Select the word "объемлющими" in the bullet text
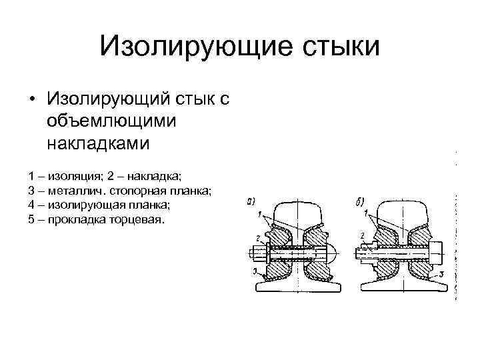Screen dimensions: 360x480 (111, 121)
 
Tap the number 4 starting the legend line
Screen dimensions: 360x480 (31, 205)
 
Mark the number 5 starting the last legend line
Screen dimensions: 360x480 (31, 219)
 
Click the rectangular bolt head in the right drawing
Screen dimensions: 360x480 (439, 254)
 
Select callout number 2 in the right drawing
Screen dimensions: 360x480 (361, 235)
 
